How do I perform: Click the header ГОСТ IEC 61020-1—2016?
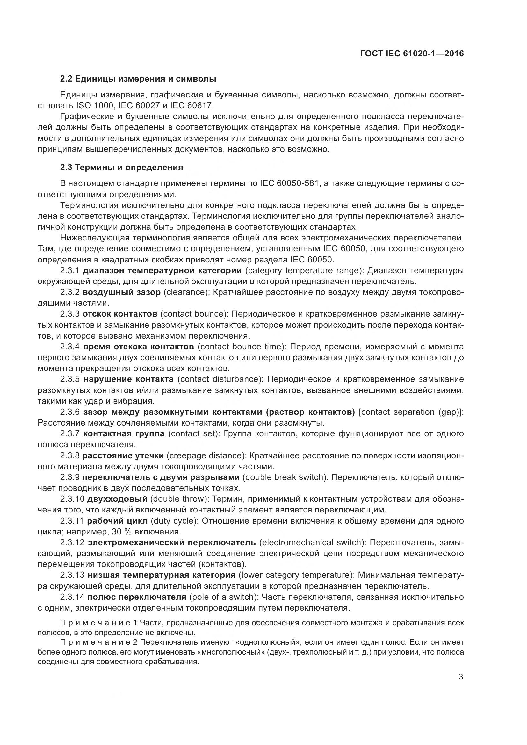point(412,54)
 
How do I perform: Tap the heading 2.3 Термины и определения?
point(121,168)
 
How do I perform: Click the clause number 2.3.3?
point(69,314)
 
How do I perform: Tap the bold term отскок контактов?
point(120,314)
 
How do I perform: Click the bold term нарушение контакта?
point(128,379)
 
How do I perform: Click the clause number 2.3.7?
point(70,434)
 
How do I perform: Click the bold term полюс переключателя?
point(137,597)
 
